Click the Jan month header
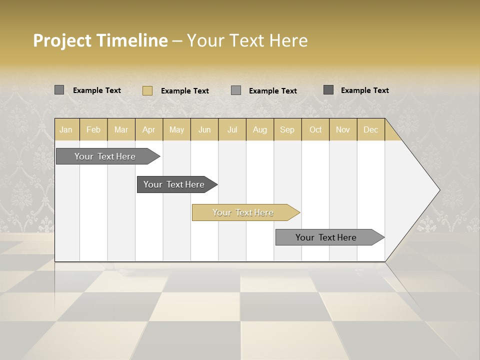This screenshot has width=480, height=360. (x=66, y=129)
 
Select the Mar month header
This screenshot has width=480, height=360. (x=121, y=129)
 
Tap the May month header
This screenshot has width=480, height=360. (x=176, y=129)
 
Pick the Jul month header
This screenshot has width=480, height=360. (x=232, y=129)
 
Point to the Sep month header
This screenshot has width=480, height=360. (x=287, y=129)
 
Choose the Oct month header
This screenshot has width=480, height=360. (x=315, y=129)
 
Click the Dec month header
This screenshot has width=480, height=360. (x=370, y=129)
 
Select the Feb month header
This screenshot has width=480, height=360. (x=93, y=129)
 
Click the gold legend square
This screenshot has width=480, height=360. (x=147, y=90)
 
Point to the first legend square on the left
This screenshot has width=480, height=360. (x=59, y=90)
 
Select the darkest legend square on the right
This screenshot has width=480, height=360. (x=328, y=90)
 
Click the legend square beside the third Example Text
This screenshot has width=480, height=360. (x=236, y=90)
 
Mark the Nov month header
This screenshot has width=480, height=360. (x=343, y=129)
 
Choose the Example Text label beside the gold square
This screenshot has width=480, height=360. (x=185, y=91)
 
